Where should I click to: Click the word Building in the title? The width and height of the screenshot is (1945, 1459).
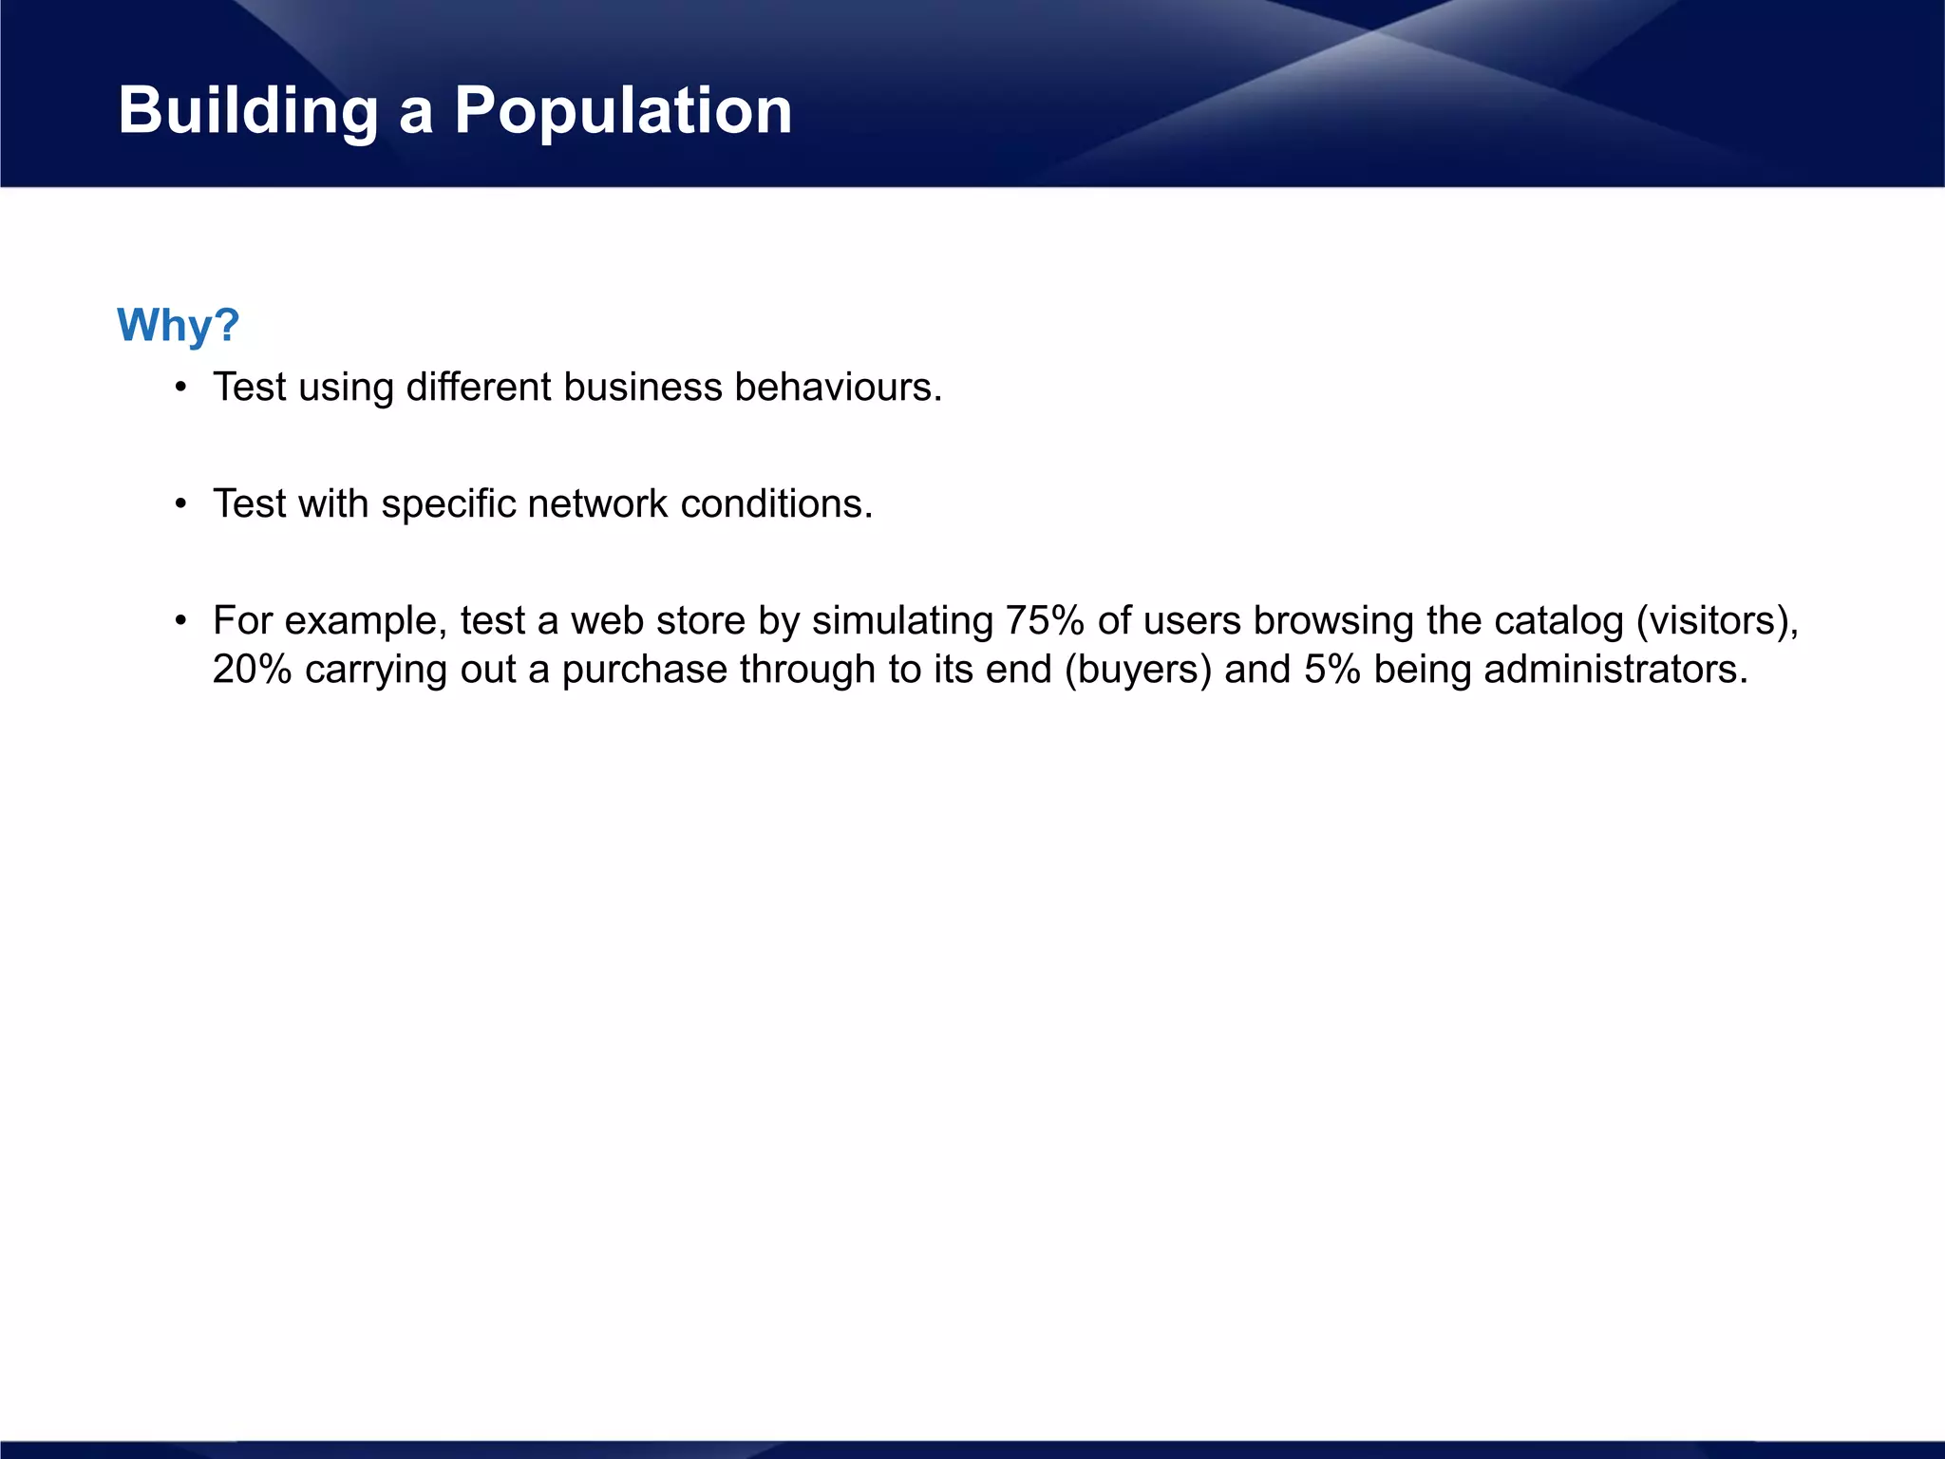[248, 111]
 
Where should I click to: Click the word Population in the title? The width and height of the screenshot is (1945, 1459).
[623, 111]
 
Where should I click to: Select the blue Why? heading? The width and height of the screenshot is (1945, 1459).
[179, 325]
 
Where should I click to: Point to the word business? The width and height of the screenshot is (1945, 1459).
[643, 387]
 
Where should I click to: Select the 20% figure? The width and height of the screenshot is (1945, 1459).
[252, 669]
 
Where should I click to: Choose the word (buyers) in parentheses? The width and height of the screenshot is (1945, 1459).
[1138, 669]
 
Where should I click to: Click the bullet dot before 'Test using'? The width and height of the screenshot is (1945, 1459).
[180, 388]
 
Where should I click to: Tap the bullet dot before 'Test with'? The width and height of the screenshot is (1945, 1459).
[180, 504]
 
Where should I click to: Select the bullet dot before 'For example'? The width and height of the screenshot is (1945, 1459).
[180, 621]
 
